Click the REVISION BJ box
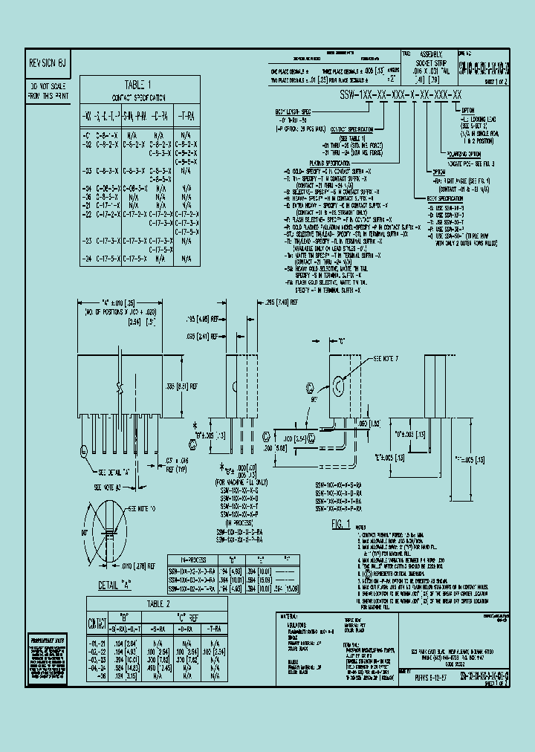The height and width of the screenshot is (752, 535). click(48, 64)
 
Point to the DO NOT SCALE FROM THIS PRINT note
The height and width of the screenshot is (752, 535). click(48, 91)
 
